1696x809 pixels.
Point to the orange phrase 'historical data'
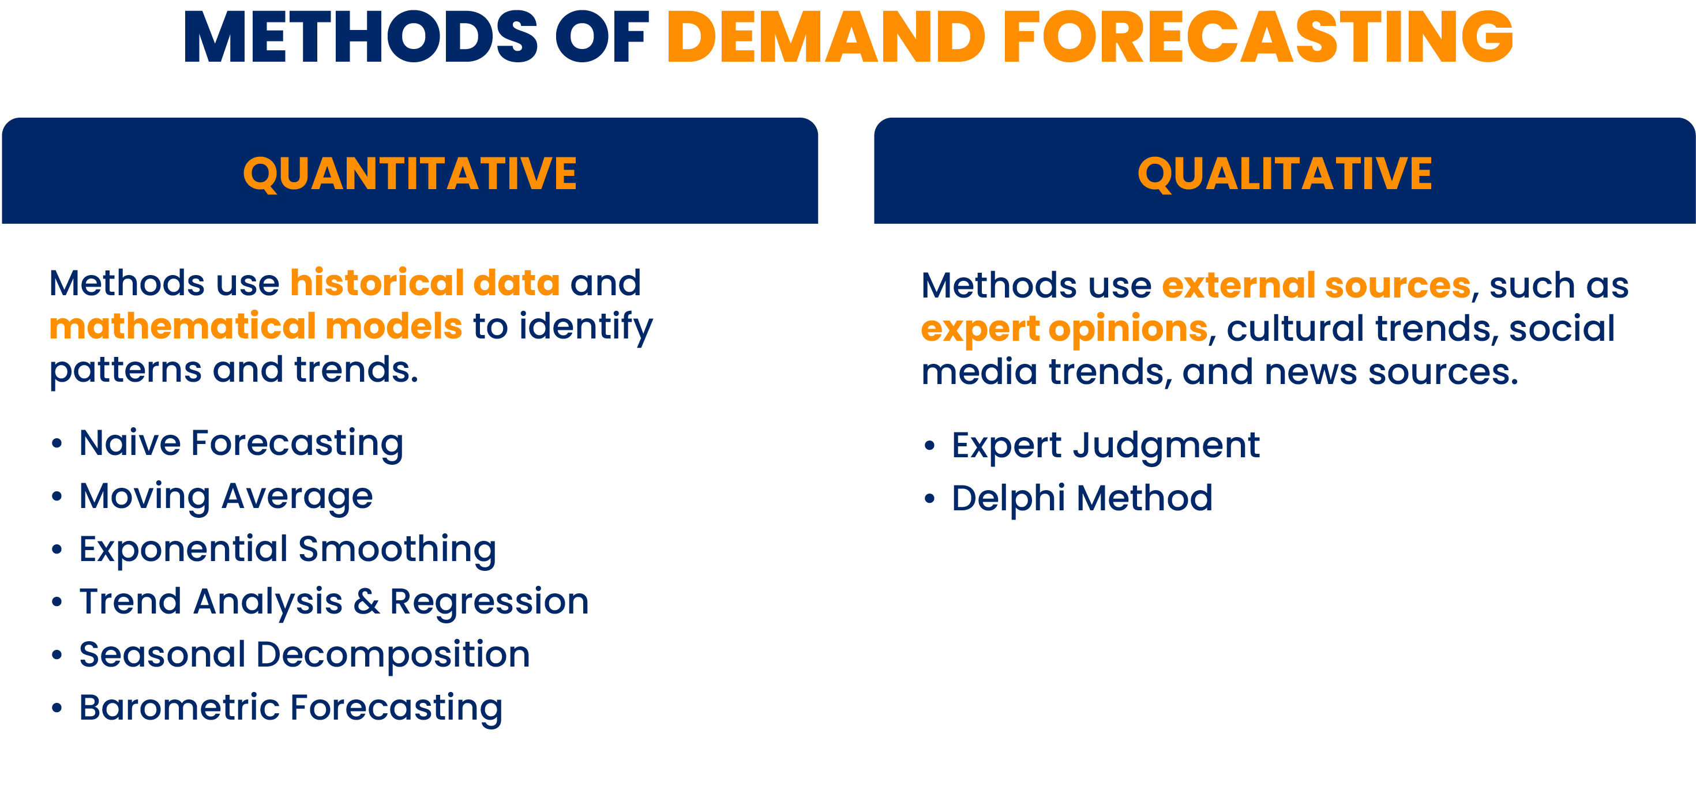coord(425,283)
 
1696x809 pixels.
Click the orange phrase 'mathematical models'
coord(256,326)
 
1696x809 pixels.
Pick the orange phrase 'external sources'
coord(1316,285)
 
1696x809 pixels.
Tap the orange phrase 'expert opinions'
coord(1064,329)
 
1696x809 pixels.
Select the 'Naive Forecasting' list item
coord(241,443)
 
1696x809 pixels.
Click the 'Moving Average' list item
coord(226,496)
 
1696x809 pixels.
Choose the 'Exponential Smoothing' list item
coord(288,549)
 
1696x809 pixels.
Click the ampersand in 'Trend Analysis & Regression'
coord(366,601)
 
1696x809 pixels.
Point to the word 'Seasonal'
coord(163,654)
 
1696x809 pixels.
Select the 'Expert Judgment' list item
coord(1105,446)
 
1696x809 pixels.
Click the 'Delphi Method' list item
coord(1082,498)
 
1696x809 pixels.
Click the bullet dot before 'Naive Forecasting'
coord(57,443)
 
